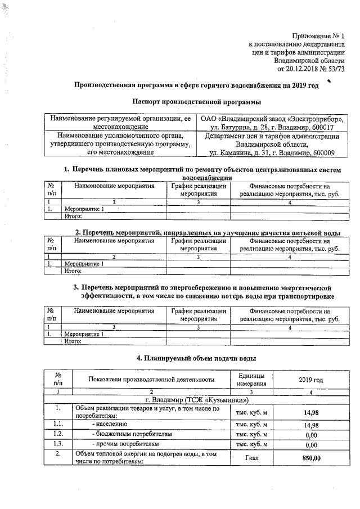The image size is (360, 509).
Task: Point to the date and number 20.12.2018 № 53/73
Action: click(311, 69)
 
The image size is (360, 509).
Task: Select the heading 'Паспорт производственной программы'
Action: click(196, 102)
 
